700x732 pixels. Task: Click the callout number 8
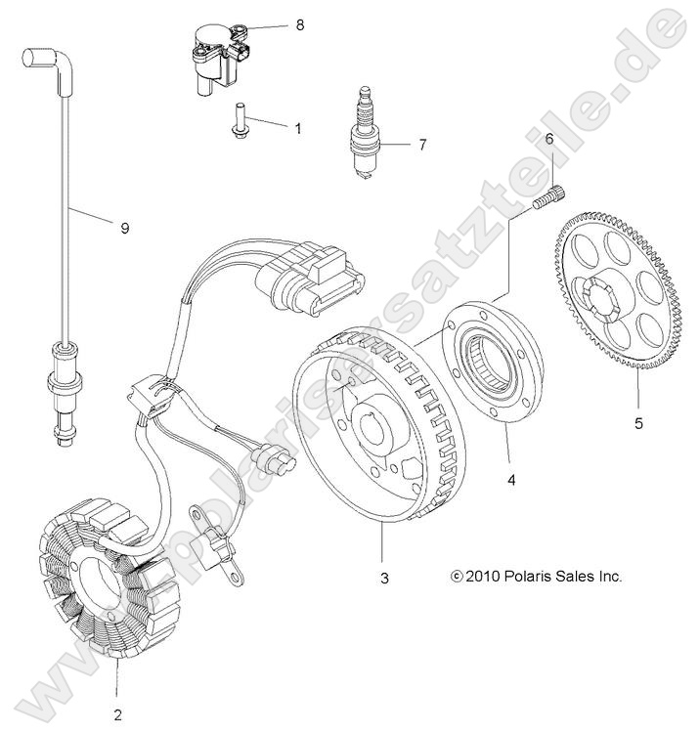click(x=300, y=24)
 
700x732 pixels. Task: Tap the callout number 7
click(x=421, y=145)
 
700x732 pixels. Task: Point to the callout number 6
click(x=549, y=139)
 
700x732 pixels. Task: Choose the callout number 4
click(x=510, y=480)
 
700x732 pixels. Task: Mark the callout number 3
click(x=384, y=578)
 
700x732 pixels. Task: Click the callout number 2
click(x=117, y=714)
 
